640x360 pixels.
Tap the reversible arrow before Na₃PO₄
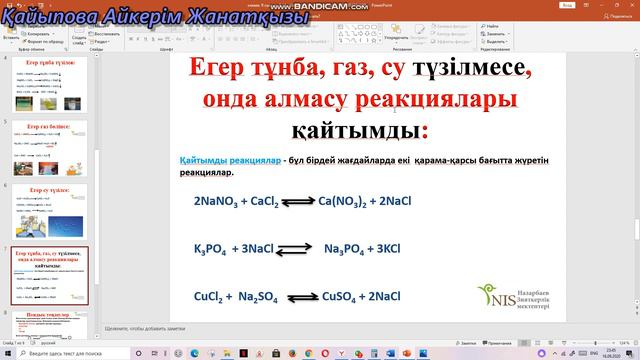(297, 249)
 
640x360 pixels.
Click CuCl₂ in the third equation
(212, 296)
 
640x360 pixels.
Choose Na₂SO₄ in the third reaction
(261, 296)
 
